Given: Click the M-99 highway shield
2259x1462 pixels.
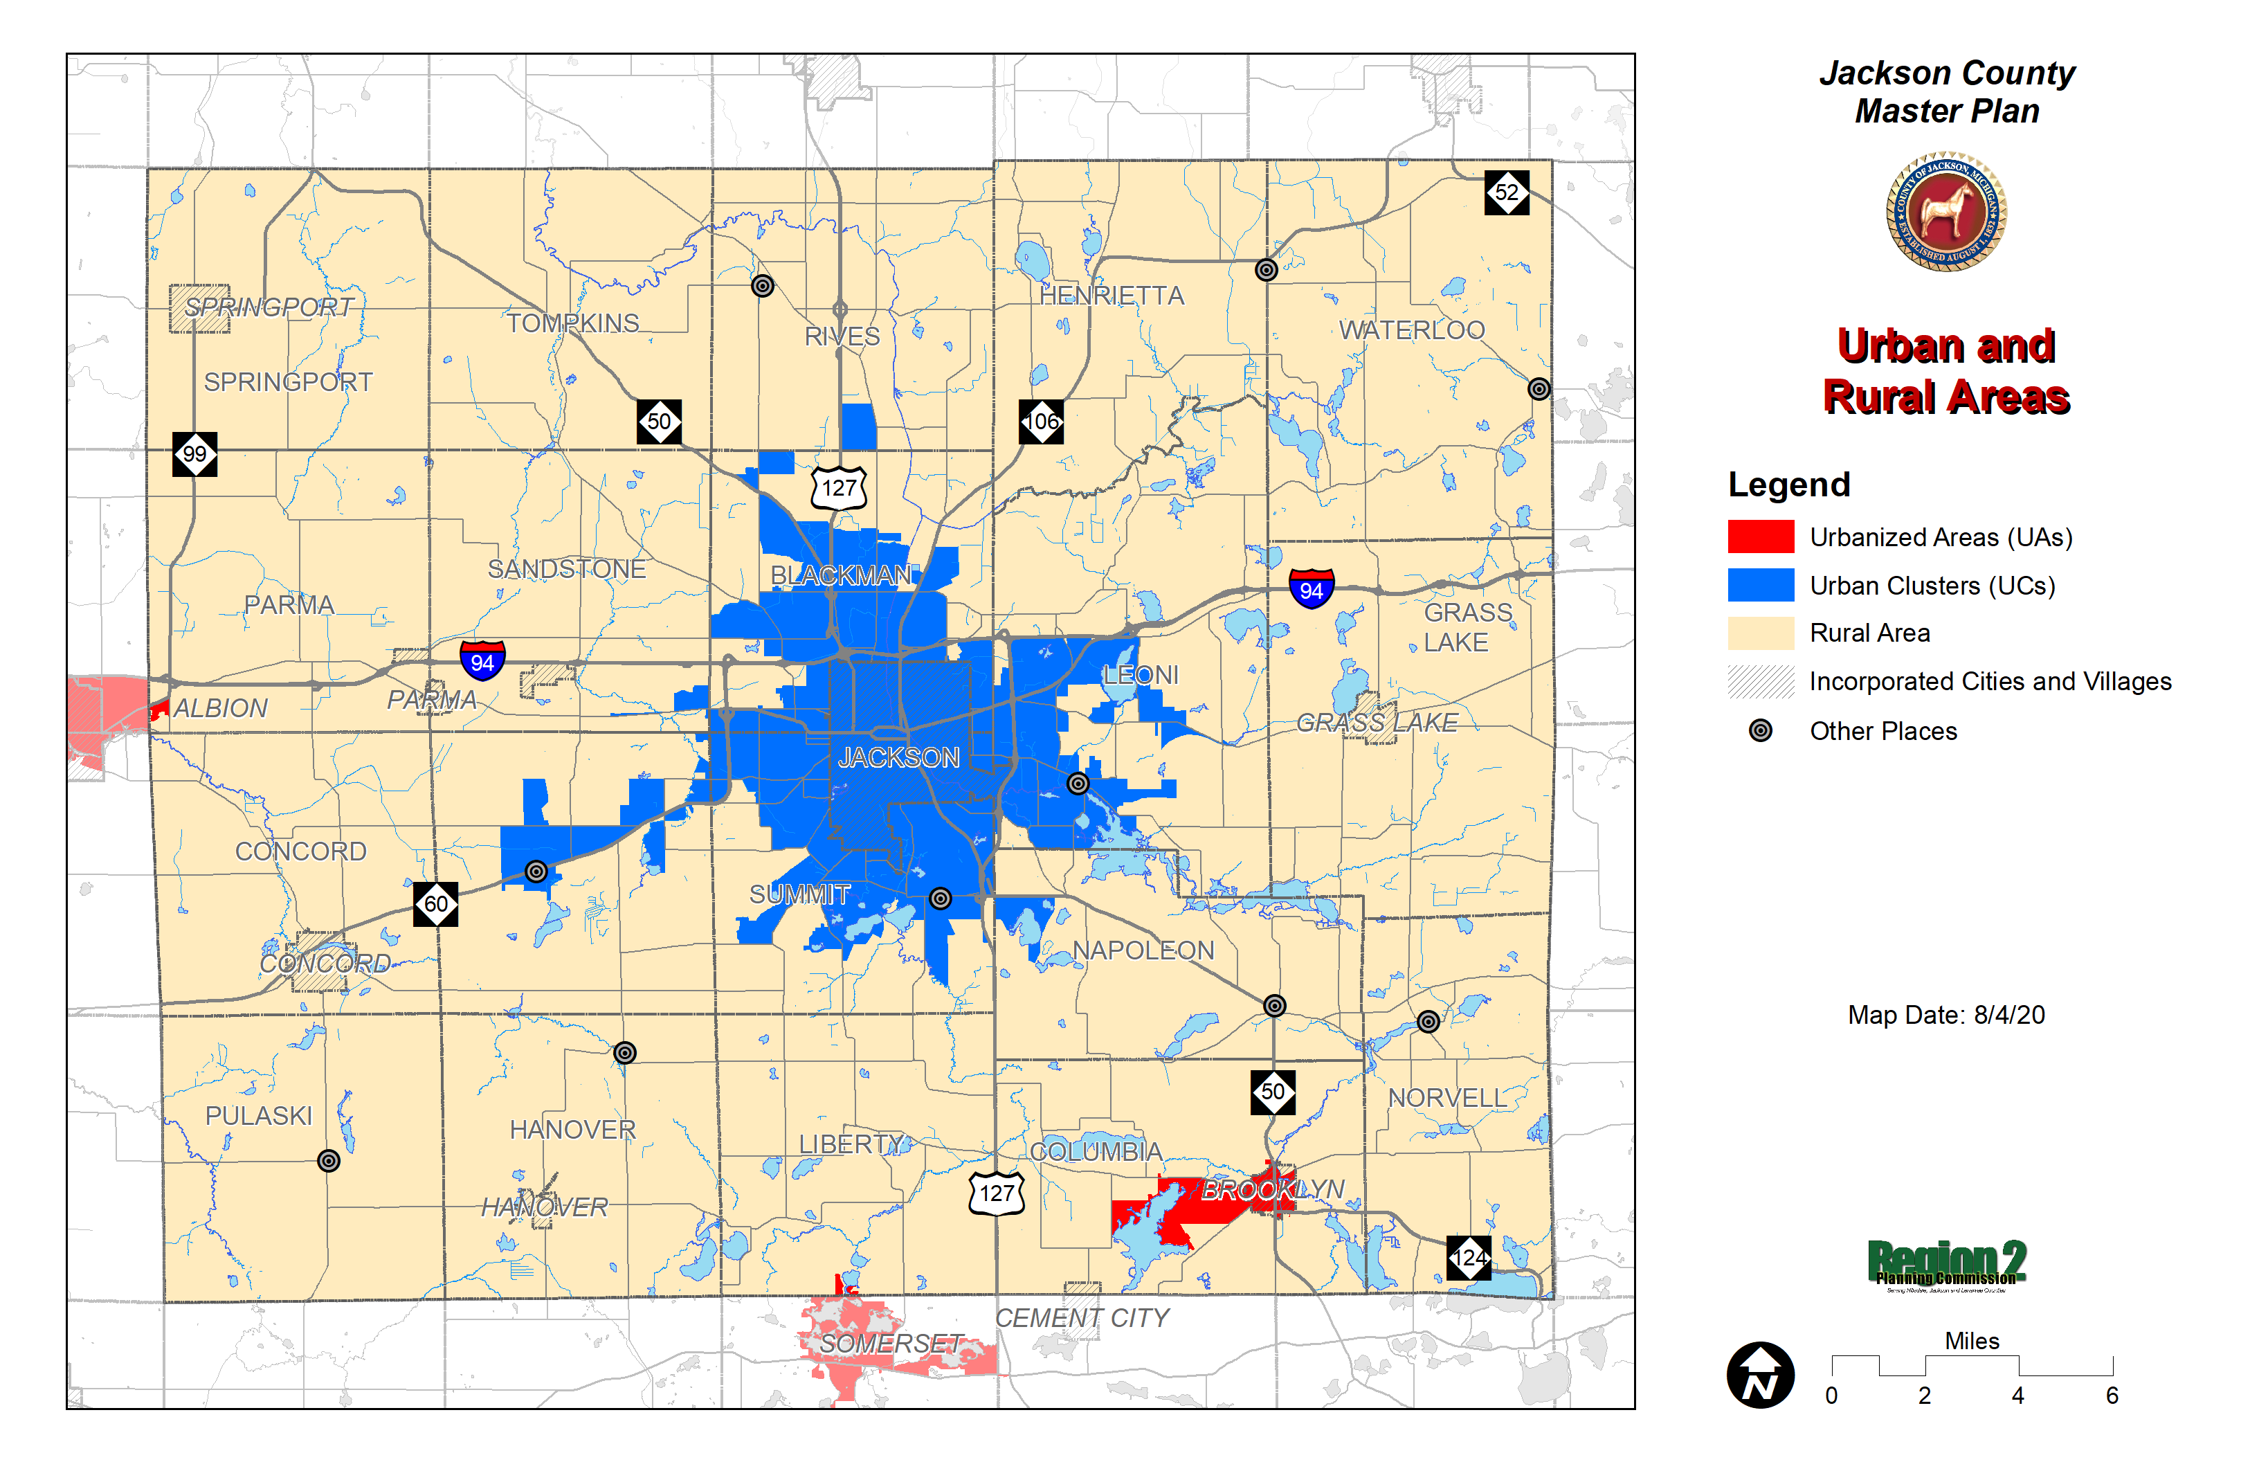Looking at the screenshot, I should pyautogui.click(x=194, y=454).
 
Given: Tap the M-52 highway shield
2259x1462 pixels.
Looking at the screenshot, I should pyautogui.click(x=1506, y=192).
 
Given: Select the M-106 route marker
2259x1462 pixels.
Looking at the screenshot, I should pyautogui.click(x=1041, y=422).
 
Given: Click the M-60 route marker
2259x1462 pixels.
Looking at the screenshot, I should pyautogui.click(x=435, y=904).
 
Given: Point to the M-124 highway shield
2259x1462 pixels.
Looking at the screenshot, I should pyautogui.click(x=1469, y=1258).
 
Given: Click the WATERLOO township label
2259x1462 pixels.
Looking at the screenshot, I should pyautogui.click(x=1411, y=330).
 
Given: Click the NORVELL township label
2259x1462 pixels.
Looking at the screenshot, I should pyautogui.click(x=1447, y=1099).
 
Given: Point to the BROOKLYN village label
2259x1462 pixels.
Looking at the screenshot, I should pyautogui.click(x=1273, y=1189).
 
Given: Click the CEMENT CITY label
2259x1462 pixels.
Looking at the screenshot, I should pyautogui.click(x=1082, y=1318).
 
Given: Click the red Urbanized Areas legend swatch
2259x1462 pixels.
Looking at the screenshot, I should pyautogui.click(x=1761, y=537).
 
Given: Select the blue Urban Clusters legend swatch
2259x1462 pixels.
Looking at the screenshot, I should pyautogui.click(x=1761, y=586).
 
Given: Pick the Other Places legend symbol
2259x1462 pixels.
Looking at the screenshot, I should pyautogui.click(x=1761, y=731).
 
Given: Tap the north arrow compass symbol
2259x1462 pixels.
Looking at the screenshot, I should pyautogui.click(x=1761, y=1375).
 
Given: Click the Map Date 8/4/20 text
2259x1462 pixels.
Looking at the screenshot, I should pyautogui.click(x=1945, y=1015).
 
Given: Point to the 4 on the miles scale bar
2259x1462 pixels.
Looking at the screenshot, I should pyautogui.click(x=2018, y=1396).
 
